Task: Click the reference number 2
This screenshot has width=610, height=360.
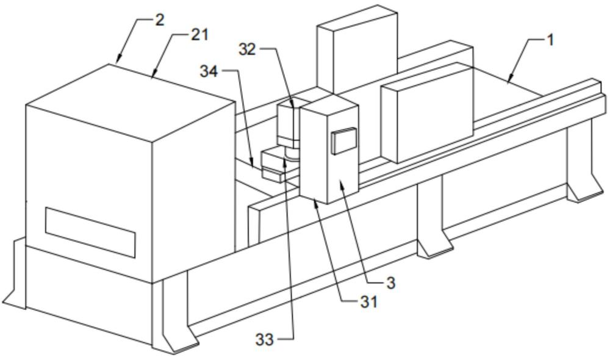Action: point(159,20)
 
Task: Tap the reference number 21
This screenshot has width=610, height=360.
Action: point(199,35)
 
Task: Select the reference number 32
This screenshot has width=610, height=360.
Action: point(248,49)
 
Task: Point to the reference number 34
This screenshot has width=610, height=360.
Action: point(209,71)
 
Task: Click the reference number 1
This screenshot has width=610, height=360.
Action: point(550,40)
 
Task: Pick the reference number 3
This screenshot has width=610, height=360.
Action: point(390,283)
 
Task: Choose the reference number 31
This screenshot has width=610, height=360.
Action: point(368,301)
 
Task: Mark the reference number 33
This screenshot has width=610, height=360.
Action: point(265,340)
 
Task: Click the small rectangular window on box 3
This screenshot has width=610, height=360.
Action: point(343,140)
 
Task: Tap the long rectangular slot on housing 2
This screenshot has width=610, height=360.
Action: point(90,232)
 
